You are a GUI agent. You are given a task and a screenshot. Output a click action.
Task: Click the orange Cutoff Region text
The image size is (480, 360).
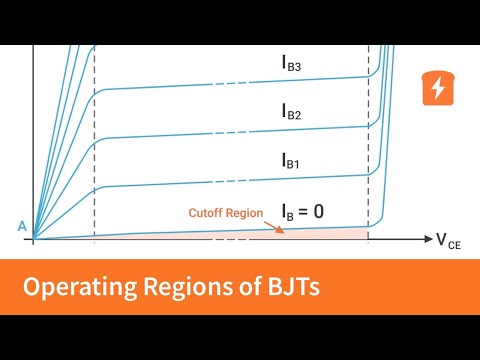226,212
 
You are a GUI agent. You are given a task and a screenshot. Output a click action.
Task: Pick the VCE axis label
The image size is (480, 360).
448,240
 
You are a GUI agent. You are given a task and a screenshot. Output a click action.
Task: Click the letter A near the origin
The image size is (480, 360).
21,227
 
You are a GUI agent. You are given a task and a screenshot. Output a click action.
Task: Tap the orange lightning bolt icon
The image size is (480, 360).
437,89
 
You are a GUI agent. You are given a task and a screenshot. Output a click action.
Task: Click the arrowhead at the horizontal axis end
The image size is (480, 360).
425,240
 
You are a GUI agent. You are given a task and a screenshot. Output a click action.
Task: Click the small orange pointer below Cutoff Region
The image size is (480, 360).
279,229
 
